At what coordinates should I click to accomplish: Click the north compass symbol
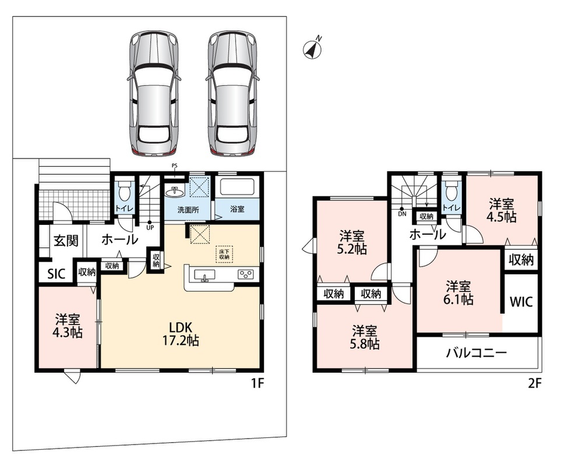pyautogui.click(x=312, y=48)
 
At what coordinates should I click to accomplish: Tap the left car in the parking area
pyautogui.click(x=153, y=93)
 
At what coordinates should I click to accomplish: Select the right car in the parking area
pyautogui.click(x=231, y=93)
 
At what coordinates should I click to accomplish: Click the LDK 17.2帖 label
pyautogui.click(x=181, y=333)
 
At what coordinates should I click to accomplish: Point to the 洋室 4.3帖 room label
pyautogui.click(x=67, y=326)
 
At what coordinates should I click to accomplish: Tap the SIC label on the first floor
pyautogui.click(x=56, y=274)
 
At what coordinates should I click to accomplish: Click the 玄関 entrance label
pyautogui.click(x=66, y=241)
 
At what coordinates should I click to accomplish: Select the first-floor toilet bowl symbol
pyautogui.click(x=124, y=192)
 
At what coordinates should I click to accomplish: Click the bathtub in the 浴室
pyautogui.click(x=237, y=186)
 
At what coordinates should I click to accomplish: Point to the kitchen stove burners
pyautogui.click(x=245, y=274)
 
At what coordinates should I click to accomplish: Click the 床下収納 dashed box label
pyautogui.click(x=224, y=255)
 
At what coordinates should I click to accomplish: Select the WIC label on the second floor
pyautogui.click(x=521, y=302)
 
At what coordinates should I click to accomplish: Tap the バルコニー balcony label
pyautogui.click(x=476, y=354)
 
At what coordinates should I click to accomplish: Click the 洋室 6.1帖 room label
pyautogui.click(x=458, y=293)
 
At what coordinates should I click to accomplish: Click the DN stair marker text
pyautogui.click(x=402, y=214)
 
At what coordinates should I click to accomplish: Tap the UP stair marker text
pyautogui.click(x=150, y=227)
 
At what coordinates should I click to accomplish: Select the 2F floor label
pyautogui.click(x=535, y=383)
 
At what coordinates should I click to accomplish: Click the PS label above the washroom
pyautogui.click(x=175, y=165)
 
